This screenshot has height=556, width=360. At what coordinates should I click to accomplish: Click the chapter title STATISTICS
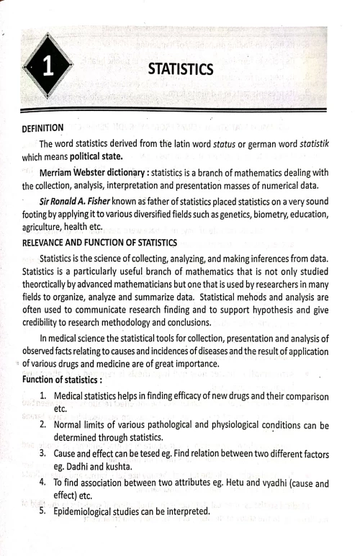[180, 69]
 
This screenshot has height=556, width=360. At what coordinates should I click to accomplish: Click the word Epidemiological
[89, 511]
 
